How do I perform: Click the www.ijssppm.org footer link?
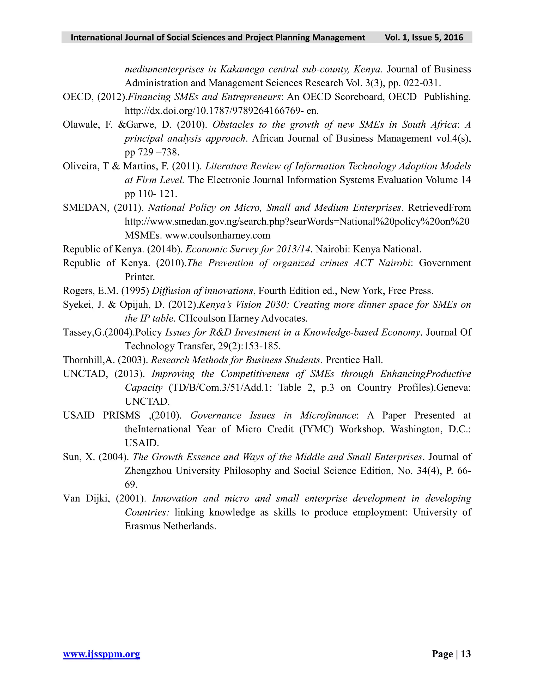[101, 654]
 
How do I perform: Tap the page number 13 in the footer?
[466, 654]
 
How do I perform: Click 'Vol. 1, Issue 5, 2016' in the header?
[424, 38]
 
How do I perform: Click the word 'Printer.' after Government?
[140, 277]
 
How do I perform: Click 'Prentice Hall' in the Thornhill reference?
[354, 360]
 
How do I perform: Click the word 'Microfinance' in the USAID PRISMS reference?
[328, 415]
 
